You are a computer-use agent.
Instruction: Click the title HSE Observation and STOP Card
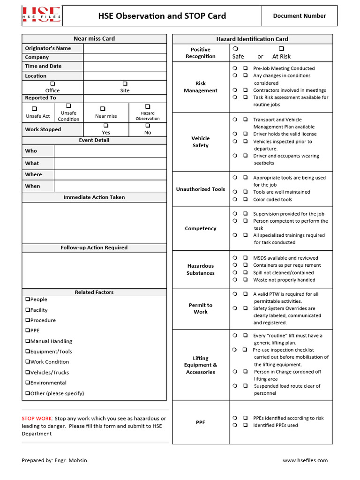point(162,16)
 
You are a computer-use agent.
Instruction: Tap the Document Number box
point(299,16)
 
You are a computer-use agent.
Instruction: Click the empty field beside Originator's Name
point(125,48)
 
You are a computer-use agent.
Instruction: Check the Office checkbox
point(52,83)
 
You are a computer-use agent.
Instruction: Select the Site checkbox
point(125,83)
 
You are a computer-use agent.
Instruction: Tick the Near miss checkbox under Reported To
point(103,109)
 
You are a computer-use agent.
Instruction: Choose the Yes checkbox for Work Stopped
point(106,126)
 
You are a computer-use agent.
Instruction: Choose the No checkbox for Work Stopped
point(148,126)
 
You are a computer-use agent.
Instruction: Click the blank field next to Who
point(110,151)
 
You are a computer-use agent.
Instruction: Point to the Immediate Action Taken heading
point(94,197)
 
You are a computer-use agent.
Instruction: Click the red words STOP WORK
point(37,419)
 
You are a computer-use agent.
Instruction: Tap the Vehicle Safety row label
point(201,142)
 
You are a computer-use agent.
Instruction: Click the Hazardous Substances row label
point(201,270)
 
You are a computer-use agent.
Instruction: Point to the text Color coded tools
point(272,200)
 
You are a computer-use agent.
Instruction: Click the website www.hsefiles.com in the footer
point(305,460)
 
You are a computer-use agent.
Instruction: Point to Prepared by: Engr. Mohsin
point(54,460)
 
